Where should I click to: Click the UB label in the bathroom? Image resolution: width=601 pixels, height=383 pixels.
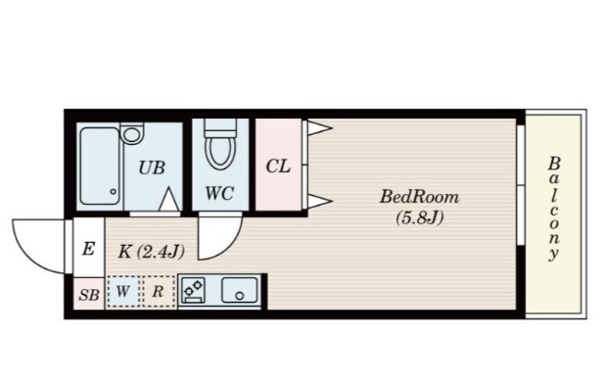(152, 168)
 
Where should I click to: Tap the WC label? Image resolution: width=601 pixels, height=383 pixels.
(219, 193)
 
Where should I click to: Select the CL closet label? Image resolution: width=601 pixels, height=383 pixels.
(278, 167)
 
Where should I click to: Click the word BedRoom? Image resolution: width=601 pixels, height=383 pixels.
(419, 197)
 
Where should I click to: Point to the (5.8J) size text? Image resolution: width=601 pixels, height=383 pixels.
(420, 217)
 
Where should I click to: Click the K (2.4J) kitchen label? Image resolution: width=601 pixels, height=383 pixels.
(152, 252)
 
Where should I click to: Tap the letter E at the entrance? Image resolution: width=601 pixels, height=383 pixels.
(88, 249)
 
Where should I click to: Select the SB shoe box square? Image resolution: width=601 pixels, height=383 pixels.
(89, 294)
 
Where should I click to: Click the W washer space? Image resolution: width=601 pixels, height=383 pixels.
(123, 291)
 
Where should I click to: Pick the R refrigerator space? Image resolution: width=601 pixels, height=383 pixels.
(159, 291)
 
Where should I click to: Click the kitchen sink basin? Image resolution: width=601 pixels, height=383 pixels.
(240, 290)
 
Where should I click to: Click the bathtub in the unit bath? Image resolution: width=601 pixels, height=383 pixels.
(100, 167)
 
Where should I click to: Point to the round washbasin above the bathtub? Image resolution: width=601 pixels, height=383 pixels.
(131, 134)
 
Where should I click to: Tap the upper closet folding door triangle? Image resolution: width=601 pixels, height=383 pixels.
(319, 127)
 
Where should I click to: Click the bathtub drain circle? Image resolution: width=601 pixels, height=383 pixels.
(114, 191)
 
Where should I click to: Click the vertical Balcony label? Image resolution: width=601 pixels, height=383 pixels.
(554, 209)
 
